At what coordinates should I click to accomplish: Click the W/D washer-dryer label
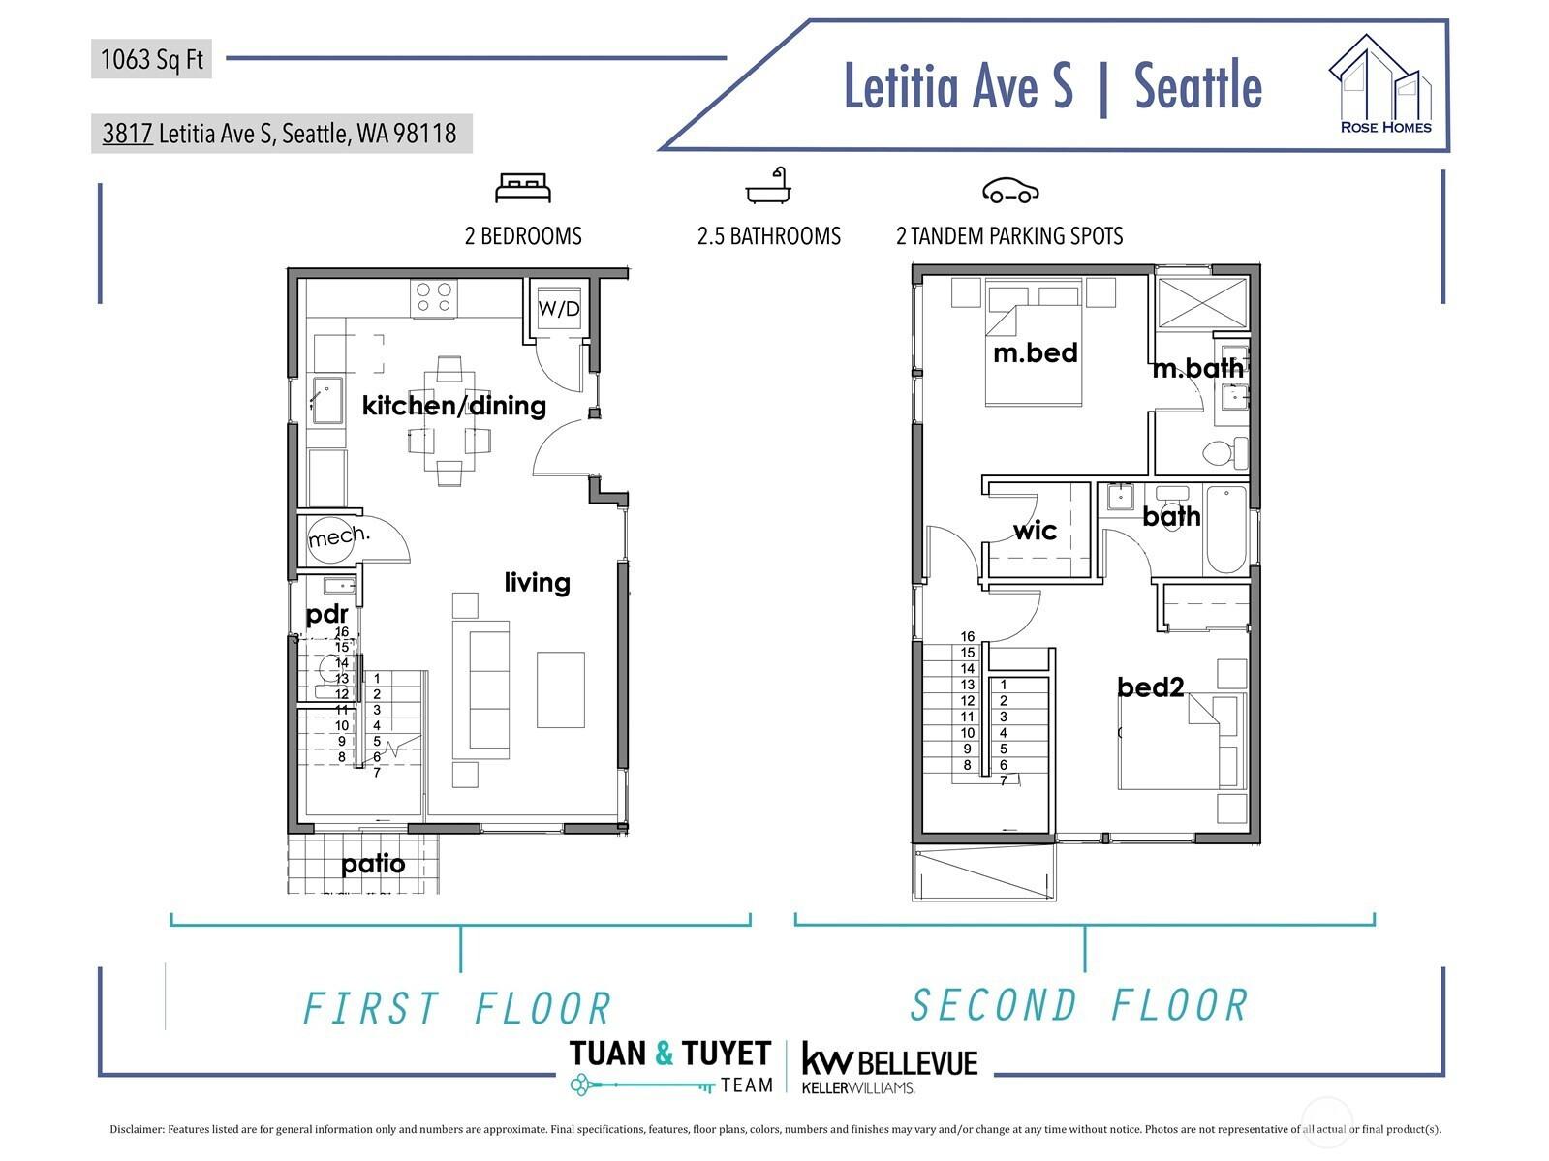558,308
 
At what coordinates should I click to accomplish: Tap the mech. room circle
331,539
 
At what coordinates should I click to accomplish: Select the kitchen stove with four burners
434,297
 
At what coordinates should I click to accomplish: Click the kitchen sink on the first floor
326,401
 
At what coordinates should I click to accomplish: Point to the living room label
537,583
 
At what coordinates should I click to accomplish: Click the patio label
373,864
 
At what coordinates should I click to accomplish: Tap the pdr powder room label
326,615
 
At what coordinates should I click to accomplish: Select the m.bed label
1036,352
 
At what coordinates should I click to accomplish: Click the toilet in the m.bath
1224,452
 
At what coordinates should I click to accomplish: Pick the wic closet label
1035,531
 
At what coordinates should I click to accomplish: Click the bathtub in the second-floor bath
1225,529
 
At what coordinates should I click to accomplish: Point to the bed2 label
1150,687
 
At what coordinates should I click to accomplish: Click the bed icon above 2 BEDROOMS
523,188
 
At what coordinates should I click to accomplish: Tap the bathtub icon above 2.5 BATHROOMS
768,186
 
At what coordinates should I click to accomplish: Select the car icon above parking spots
1010,191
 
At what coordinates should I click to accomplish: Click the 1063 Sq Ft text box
152,59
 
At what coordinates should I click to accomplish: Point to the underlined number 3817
127,134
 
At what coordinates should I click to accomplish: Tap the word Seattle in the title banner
1197,87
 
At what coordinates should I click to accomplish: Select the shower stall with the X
1202,302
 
